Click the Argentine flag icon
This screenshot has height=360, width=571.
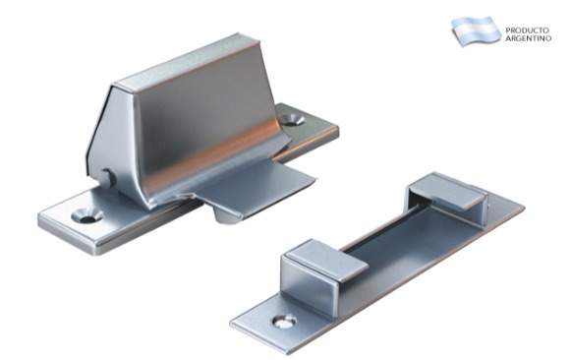tap(476, 30)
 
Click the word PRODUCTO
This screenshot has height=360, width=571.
tap(527, 30)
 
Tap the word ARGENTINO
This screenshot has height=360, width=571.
tap(528, 38)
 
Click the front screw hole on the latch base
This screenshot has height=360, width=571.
tap(87, 215)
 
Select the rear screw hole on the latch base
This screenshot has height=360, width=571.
tap(293, 120)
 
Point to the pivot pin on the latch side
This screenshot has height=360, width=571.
tap(108, 178)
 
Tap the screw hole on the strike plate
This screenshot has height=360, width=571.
tap(284, 321)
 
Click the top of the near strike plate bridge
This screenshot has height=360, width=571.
tap(327, 260)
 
